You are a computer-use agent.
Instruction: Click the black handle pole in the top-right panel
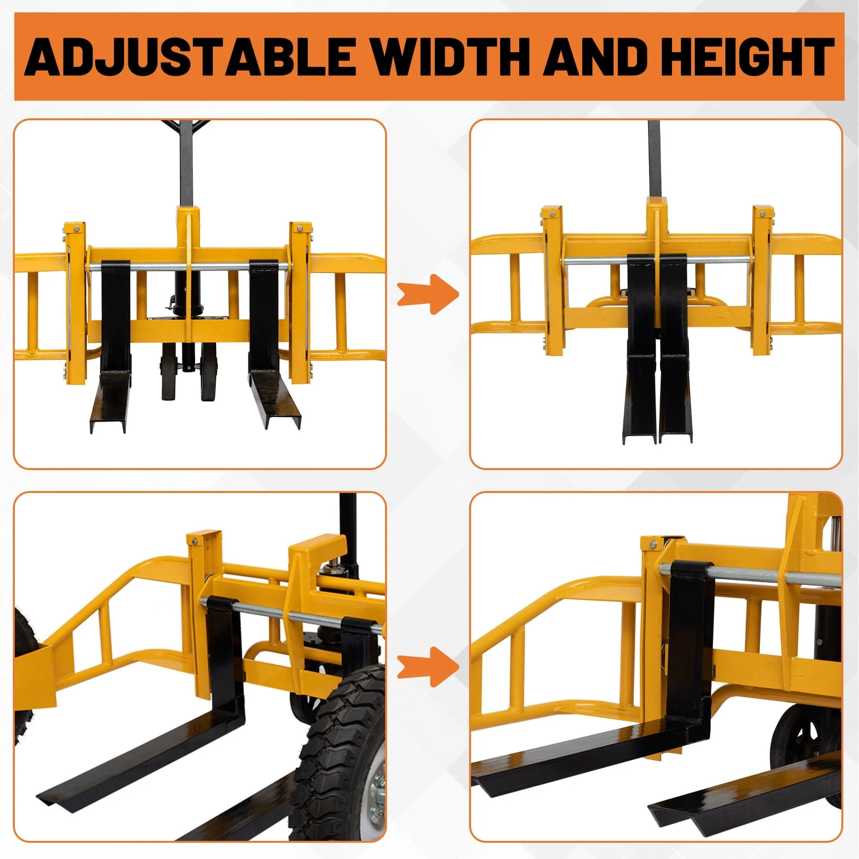point(653,157)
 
